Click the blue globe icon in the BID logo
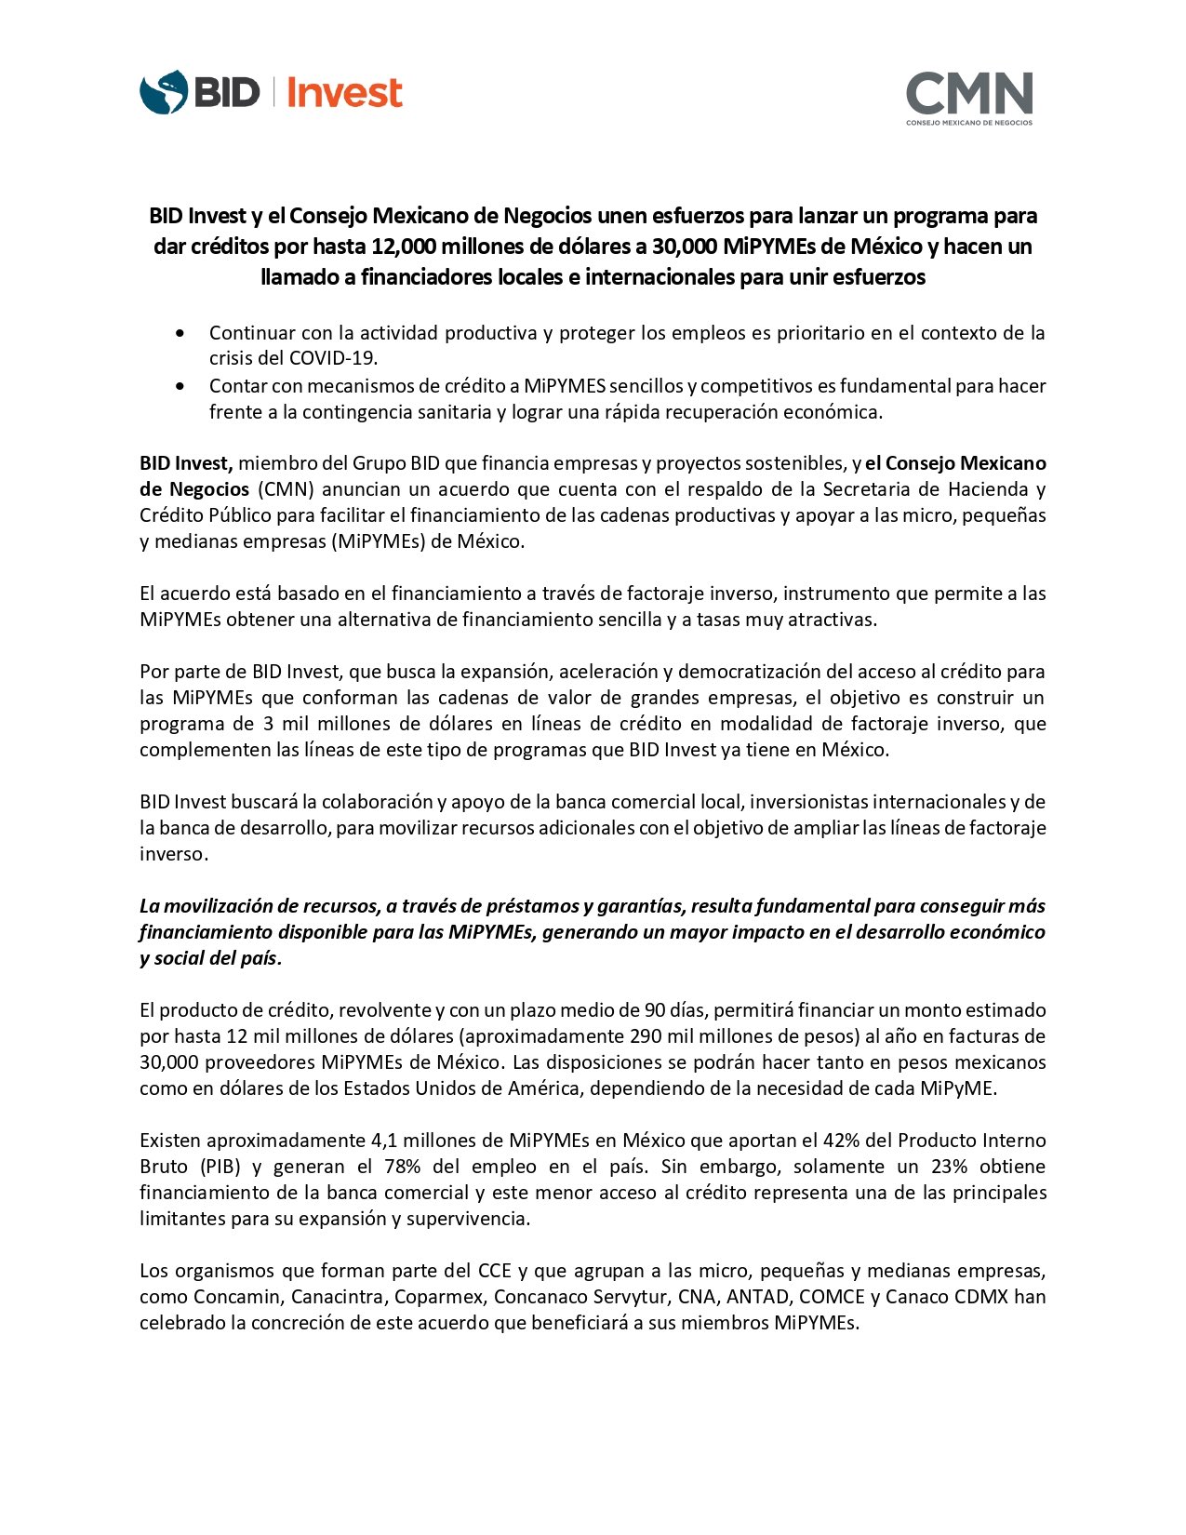[x=164, y=93]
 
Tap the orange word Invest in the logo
[x=344, y=93]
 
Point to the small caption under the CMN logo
[x=969, y=123]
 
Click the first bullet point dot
[x=180, y=333]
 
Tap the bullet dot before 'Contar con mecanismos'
[x=180, y=386]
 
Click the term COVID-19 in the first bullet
[x=333, y=359]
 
